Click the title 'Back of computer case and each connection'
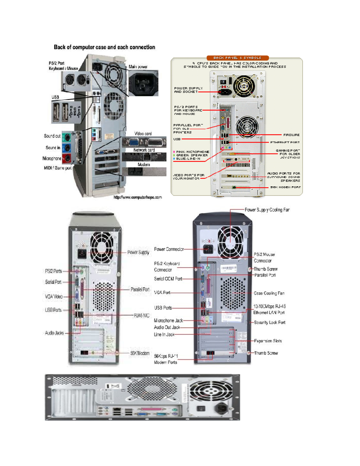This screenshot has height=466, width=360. click(x=104, y=47)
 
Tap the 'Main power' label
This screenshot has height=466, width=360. click(x=138, y=67)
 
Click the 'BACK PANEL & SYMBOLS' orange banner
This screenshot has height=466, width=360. click(x=237, y=58)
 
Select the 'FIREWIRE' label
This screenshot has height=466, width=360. click(x=291, y=135)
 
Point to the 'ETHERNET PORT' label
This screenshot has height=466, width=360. click(x=285, y=143)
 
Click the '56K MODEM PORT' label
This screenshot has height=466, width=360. click(x=285, y=187)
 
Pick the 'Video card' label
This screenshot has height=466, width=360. click(x=143, y=134)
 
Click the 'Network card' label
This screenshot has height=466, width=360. click(x=144, y=150)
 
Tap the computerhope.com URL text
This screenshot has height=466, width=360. click(x=138, y=197)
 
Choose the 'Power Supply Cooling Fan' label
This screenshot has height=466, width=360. click(x=267, y=210)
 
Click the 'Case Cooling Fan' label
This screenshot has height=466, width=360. click(x=269, y=293)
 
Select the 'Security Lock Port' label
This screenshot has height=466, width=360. click(x=269, y=323)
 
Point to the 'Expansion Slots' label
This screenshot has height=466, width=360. click(x=268, y=341)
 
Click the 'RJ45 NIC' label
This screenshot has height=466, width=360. click(x=141, y=315)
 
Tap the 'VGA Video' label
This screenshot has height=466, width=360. click(x=54, y=296)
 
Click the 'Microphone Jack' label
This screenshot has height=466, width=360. click(x=168, y=320)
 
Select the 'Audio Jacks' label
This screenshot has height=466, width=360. click(x=54, y=333)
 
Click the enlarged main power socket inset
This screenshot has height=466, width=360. click(x=143, y=83)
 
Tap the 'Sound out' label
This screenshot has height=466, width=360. click(x=52, y=136)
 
